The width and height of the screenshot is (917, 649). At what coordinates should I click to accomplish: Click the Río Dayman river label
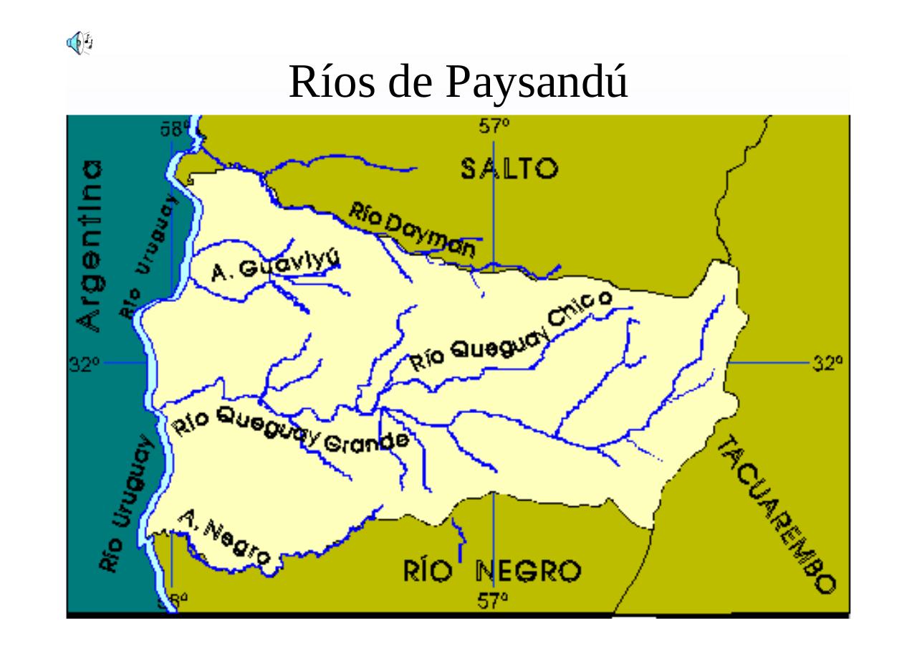(413, 229)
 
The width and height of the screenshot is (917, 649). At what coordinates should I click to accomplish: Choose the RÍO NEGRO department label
(492, 572)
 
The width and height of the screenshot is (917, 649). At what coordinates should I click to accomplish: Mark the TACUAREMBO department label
(777, 514)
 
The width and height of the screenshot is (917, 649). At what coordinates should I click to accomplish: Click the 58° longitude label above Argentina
(175, 129)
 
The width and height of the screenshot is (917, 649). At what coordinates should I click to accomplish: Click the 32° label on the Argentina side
(84, 364)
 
